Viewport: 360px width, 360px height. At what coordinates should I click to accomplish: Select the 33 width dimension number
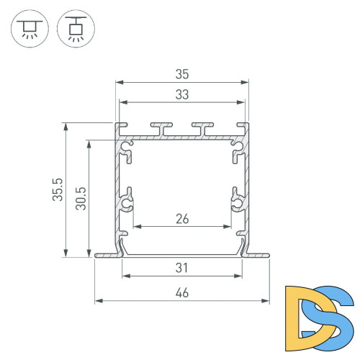(x=182, y=94)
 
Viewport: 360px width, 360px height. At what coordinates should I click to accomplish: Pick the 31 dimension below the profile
(x=182, y=268)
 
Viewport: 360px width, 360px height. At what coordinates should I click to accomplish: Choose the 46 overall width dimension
(x=182, y=292)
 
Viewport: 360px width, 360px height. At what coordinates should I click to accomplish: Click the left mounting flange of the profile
(x=107, y=254)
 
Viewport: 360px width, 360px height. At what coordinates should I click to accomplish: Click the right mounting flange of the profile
(x=257, y=254)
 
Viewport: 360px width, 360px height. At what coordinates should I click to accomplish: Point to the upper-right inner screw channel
(x=235, y=150)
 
